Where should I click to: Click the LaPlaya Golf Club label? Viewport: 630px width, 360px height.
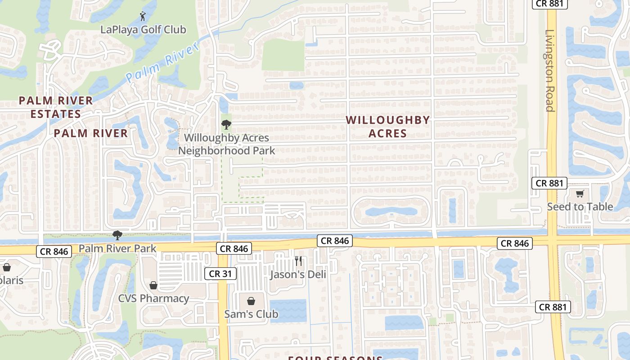pos(143,30)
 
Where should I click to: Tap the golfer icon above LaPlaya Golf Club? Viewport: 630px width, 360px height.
pos(143,16)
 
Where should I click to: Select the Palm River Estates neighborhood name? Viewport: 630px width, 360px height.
pos(56,107)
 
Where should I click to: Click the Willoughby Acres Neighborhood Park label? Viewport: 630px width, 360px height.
pos(226,144)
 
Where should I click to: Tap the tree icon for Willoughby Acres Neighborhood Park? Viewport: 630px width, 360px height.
pos(226,125)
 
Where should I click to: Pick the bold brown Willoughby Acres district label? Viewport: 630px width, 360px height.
pos(388,126)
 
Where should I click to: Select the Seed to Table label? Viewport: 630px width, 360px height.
pos(580,207)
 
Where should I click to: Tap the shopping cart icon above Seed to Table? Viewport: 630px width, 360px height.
pos(580,194)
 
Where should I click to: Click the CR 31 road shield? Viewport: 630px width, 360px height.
pos(220,274)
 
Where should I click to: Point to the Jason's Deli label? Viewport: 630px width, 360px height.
pos(298,274)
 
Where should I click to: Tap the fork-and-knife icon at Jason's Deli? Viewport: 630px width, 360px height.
pos(298,261)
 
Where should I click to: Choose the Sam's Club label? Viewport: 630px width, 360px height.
pos(251,314)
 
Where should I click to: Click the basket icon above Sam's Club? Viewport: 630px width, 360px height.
pos(251,301)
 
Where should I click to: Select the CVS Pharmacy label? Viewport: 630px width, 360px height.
pos(153,298)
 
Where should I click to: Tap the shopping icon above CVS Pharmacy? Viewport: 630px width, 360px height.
pos(153,285)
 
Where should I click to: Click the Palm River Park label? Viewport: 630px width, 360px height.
pos(117,248)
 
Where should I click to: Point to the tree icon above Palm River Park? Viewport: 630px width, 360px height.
pos(117,235)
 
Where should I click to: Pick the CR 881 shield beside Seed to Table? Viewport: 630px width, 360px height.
pos(549,183)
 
